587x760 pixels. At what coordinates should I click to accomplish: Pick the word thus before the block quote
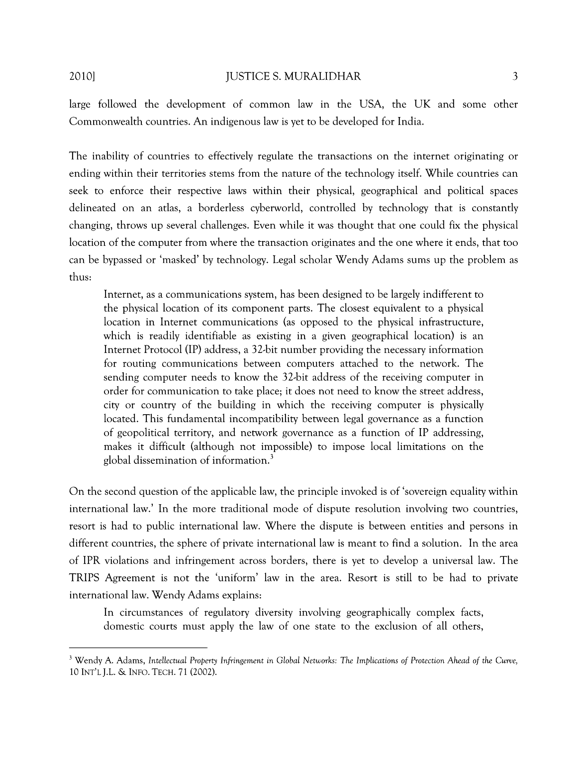pos(80,277)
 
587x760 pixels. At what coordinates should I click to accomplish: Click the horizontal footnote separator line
pos(138,648)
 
